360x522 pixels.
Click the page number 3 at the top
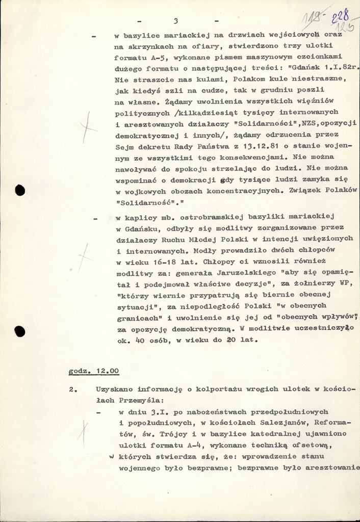tap(175, 21)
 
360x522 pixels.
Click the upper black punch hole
tap(20, 191)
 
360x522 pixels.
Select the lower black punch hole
tap(20, 331)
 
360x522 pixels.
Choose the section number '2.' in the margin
tap(73, 389)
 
